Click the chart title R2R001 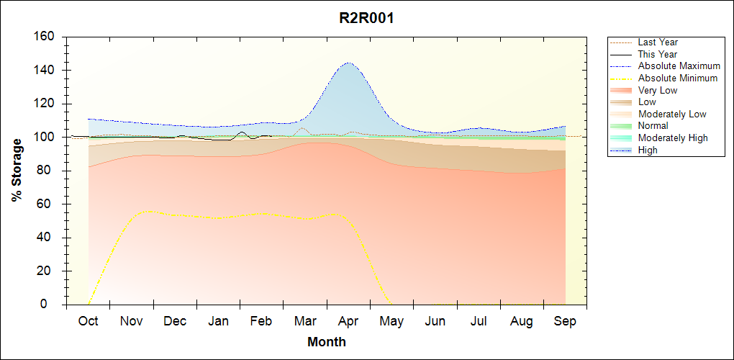coord(366,18)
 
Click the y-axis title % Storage coord(17,170)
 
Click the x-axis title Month coord(326,342)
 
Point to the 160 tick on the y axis coord(45,37)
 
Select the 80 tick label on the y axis coord(48,171)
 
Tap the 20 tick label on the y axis coord(48,271)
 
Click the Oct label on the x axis coord(88,322)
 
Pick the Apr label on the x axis coord(348,322)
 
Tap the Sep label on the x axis coord(565,322)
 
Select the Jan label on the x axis coord(218,322)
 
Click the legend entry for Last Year coord(658,42)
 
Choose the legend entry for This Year coord(658,54)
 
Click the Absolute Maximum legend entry coord(679,66)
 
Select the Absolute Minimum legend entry coord(678,78)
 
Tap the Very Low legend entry coord(658,90)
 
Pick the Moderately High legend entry coord(673,138)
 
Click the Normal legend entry coord(653,126)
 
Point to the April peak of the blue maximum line coord(348,63)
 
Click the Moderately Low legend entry coord(672,114)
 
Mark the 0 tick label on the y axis coord(52,305)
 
